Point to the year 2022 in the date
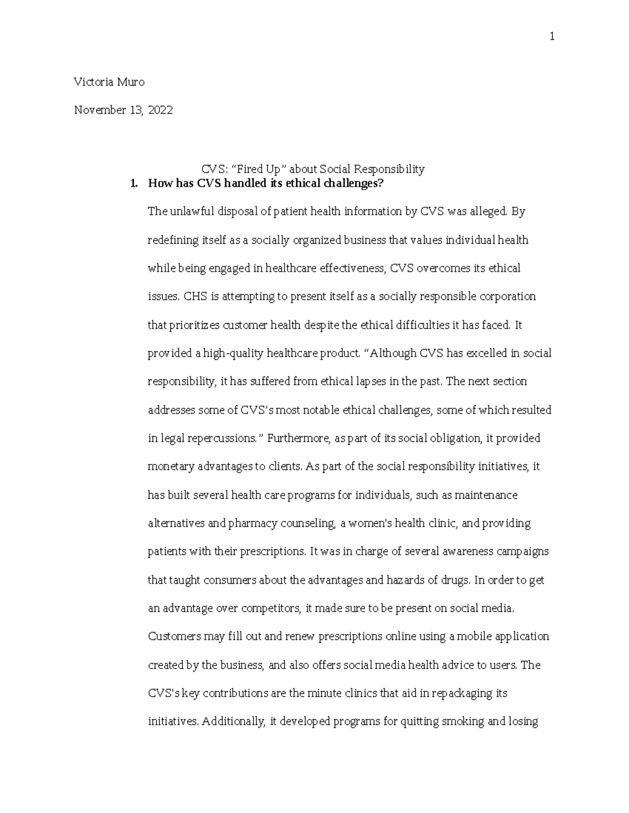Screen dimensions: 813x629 click(160, 110)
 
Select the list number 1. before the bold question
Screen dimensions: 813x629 click(134, 183)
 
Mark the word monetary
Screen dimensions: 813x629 click(171, 466)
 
